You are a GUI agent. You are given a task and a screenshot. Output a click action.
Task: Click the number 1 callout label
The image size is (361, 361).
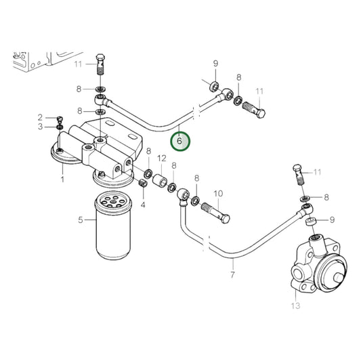coord(62,179)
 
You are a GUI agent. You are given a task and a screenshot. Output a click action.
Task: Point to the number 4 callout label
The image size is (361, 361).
coord(143,204)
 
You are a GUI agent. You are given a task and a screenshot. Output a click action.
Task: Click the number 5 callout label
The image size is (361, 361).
coord(81,219)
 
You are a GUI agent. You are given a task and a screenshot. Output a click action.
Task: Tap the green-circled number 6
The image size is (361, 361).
coord(179,142)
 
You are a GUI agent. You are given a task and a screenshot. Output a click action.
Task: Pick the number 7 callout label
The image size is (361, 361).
coord(232,275)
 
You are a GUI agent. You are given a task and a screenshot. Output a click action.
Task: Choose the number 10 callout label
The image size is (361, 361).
coord(218,193)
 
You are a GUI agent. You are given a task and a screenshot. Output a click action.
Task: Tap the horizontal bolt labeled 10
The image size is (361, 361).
coord(215,213)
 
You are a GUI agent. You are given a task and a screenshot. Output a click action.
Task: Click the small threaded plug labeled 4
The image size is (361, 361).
coord(142,183)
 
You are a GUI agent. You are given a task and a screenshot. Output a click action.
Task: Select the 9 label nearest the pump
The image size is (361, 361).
coord(333,219)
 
